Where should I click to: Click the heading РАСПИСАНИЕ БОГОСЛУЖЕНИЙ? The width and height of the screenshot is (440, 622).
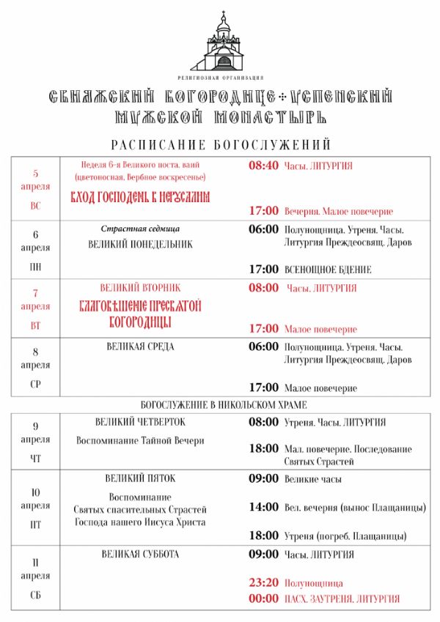tap(221, 144)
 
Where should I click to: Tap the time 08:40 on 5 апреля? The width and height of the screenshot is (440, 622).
tap(263, 166)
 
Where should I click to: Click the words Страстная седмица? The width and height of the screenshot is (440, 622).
tap(140, 229)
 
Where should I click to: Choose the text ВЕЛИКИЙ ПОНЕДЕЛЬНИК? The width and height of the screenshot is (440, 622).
tap(140, 244)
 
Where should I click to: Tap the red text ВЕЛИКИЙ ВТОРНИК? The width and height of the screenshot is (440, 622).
tap(140, 288)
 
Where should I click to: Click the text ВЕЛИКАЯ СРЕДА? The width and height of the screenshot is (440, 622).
tap(140, 347)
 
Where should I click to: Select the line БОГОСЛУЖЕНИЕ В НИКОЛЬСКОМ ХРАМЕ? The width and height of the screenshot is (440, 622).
tap(224, 404)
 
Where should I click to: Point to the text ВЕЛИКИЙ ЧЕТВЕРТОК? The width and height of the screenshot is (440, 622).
tap(140, 423)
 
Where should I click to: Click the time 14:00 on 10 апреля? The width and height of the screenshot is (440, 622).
tap(263, 507)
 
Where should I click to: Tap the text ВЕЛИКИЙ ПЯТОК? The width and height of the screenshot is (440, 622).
tap(140, 478)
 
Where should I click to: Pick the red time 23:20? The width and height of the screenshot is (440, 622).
tap(263, 584)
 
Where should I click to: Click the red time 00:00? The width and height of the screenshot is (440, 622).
tap(263, 599)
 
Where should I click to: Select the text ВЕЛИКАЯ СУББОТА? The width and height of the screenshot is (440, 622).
tap(140, 555)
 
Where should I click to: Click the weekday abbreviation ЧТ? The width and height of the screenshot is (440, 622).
tap(36, 459)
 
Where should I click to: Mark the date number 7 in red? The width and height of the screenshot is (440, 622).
tap(36, 292)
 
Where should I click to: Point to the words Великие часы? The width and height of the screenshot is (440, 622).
tap(313, 479)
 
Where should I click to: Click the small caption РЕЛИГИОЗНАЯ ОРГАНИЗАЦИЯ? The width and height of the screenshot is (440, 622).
tap(221, 77)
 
